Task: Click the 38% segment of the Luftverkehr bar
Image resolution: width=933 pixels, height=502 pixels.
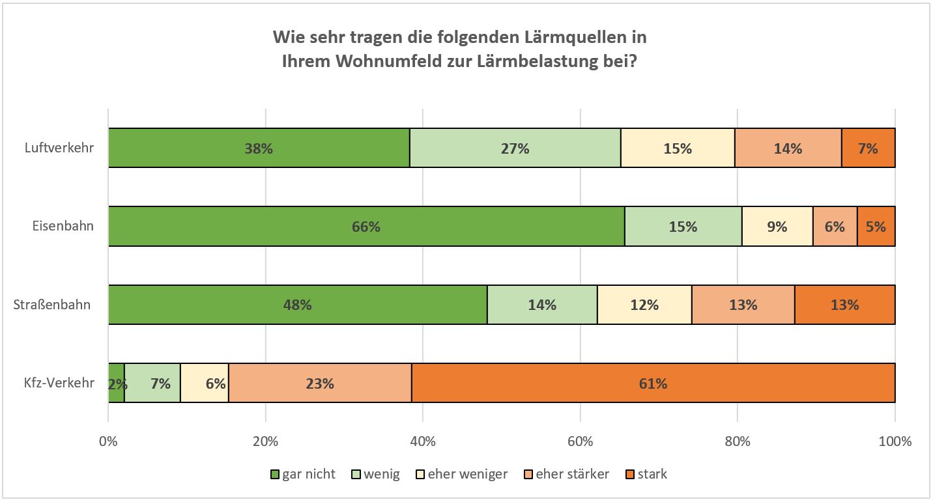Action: [259, 148]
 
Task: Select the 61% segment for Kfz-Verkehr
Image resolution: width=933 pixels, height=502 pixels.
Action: [653, 383]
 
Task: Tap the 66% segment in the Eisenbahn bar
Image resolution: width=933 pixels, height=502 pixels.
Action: [366, 227]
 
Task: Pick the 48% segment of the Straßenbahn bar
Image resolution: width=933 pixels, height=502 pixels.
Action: [297, 305]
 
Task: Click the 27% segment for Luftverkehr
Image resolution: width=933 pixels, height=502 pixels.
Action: [515, 148]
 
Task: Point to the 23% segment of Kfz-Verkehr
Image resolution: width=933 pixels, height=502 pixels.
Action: [320, 383]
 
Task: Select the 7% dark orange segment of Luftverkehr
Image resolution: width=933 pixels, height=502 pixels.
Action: [868, 148]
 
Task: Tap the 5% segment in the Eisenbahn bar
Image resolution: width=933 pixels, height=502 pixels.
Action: [876, 227]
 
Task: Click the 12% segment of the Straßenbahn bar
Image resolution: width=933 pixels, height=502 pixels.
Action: [644, 305]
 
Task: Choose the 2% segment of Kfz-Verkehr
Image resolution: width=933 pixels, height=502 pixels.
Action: [117, 383]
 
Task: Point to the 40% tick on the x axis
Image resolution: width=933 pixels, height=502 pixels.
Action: [423, 441]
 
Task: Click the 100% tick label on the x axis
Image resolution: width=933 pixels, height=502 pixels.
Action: [895, 441]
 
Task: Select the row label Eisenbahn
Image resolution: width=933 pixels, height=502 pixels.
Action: [63, 227]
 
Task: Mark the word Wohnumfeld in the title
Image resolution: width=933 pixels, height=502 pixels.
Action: [384, 63]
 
